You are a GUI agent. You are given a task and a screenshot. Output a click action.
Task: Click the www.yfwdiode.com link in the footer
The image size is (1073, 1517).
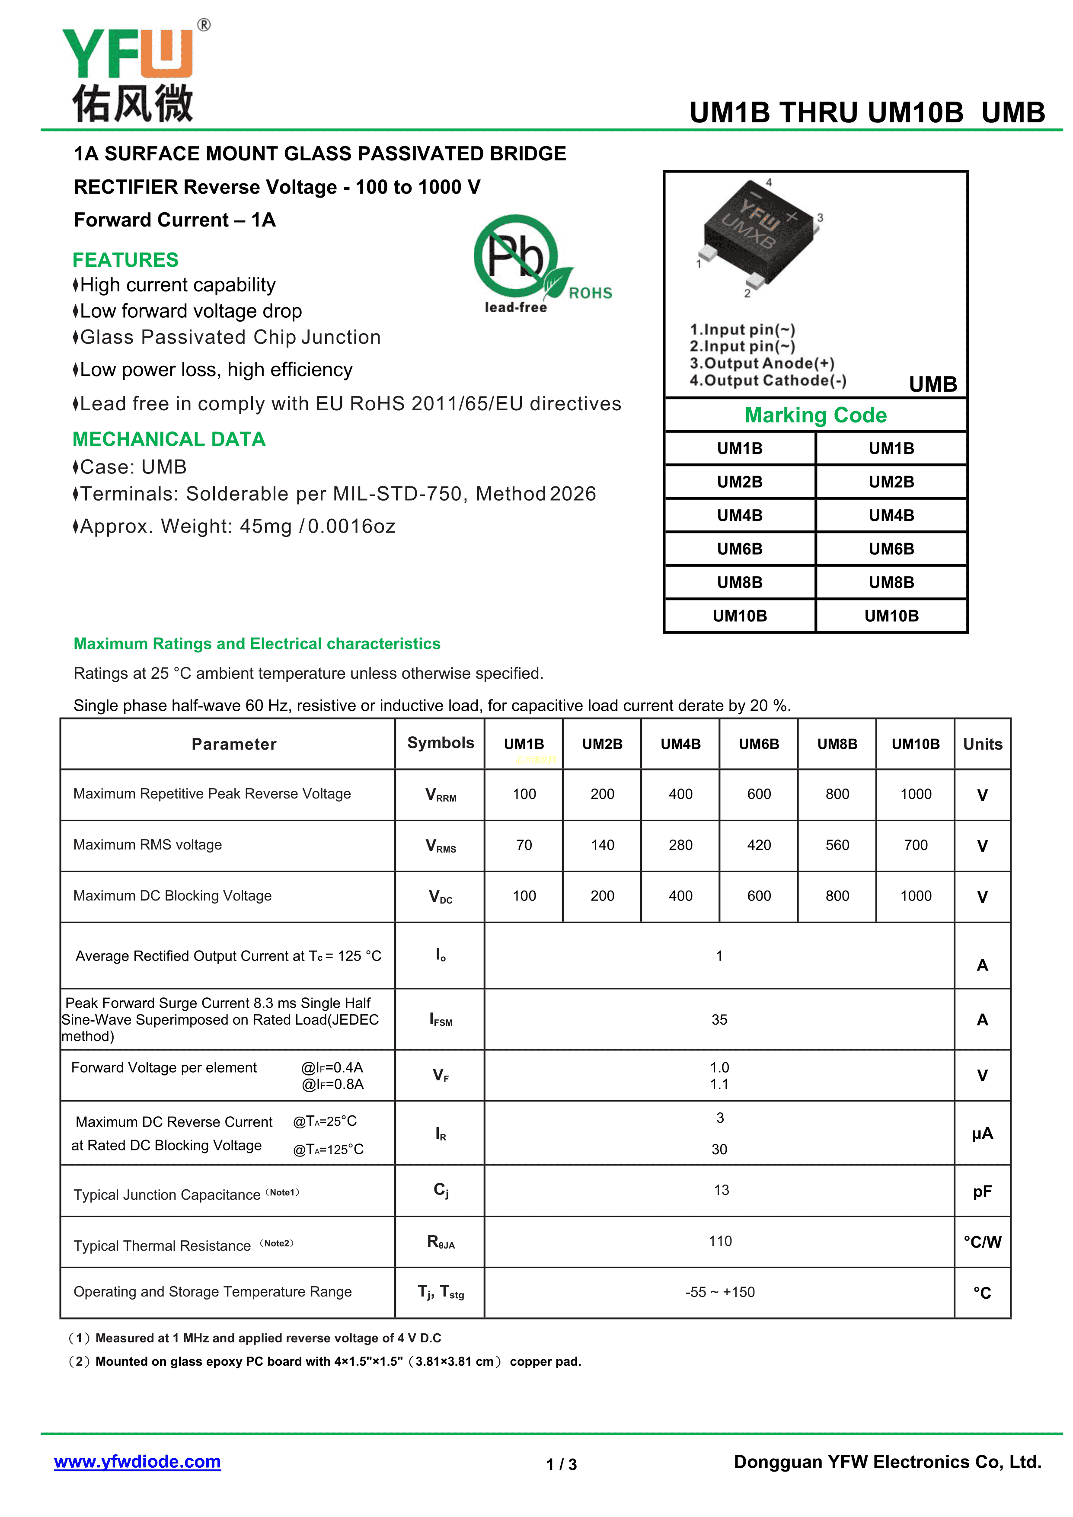click(x=137, y=1462)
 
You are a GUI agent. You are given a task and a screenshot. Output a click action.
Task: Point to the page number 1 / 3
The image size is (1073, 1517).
click(x=561, y=1465)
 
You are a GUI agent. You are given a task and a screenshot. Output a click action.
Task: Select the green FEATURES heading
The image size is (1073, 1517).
click(x=125, y=260)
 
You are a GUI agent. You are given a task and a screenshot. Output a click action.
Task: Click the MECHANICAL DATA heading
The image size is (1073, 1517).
click(x=169, y=439)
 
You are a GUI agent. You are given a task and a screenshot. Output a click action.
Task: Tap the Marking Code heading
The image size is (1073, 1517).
click(x=815, y=415)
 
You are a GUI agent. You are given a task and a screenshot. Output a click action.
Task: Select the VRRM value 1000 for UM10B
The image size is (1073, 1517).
click(x=915, y=794)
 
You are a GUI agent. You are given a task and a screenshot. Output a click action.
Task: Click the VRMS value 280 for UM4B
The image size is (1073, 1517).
click(x=680, y=845)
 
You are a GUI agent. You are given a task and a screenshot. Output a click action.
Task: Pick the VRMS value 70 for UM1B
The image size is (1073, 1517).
click(x=524, y=845)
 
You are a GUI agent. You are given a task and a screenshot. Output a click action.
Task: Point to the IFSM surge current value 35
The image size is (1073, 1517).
click(x=719, y=1019)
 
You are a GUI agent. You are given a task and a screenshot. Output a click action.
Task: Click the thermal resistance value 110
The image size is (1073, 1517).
click(x=720, y=1241)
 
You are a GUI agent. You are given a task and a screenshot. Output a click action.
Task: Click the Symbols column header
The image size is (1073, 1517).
click(x=441, y=743)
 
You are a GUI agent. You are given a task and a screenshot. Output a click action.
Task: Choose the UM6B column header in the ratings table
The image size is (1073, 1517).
click(x=759, y=744)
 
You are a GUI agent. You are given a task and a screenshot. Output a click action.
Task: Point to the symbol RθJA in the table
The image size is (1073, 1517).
click(x=441, y=1242)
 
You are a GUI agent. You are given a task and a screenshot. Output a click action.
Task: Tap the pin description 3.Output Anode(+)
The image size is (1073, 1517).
click(x=762, y=364)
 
